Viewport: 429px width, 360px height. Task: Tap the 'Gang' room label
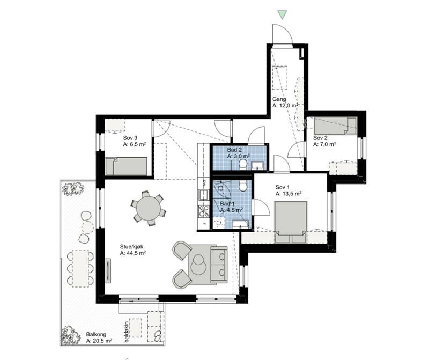tap(279, 100)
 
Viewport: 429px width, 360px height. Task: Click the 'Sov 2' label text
tap(321, 138)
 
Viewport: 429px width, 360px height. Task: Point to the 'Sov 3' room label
tap(130, 138)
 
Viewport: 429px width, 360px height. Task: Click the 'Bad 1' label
tap(227, 204)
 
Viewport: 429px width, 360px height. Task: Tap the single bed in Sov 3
tap(126, 166)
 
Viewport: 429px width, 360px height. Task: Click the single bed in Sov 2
tap(335, 126)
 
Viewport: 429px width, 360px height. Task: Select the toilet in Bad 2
tap(243, 163)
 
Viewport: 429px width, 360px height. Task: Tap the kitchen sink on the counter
tap(203, 194)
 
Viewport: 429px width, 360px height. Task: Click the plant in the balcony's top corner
tap(72, 188)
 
